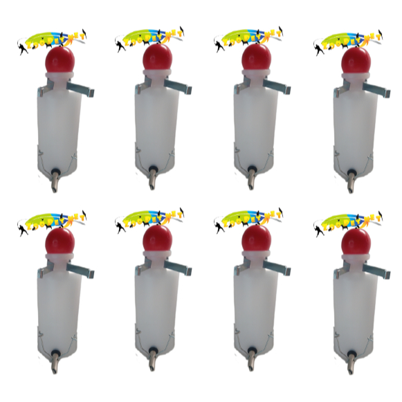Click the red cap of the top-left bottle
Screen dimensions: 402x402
[60, 59]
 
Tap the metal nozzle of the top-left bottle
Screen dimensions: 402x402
[53, 181]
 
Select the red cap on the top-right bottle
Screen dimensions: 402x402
[356, 59]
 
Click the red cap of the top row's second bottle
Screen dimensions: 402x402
[158, 59]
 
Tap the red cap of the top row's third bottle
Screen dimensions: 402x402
[257, 59]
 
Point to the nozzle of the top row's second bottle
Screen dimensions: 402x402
[152, 181]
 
